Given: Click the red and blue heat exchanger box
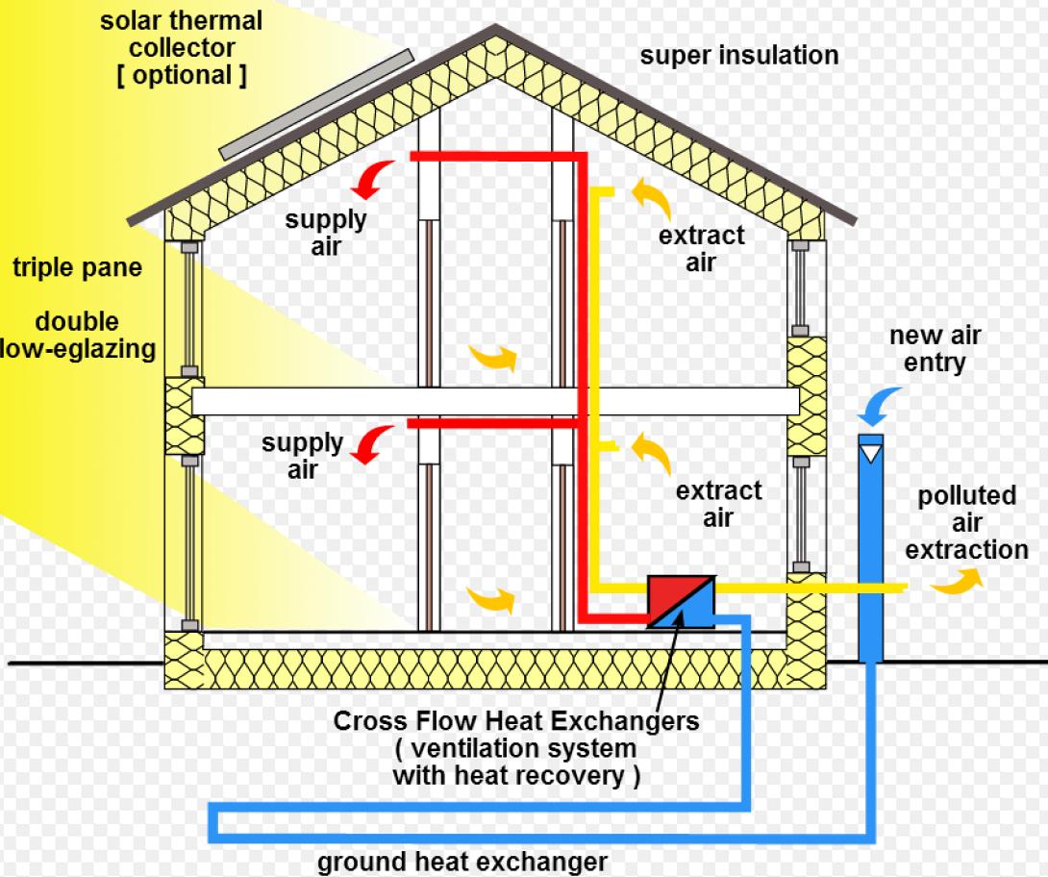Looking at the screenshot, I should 681,602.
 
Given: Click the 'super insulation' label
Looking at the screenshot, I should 738,55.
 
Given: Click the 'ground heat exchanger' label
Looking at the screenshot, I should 462,861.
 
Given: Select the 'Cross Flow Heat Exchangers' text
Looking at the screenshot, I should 516,720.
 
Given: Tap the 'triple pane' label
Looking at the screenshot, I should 77,267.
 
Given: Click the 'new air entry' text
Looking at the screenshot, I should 934,349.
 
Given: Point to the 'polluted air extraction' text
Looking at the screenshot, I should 966,523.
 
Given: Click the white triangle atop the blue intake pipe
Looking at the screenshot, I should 871,449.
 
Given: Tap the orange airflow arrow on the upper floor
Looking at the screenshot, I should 491,358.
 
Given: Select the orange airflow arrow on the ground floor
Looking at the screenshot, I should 490,601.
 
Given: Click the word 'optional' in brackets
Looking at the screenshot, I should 182,76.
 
